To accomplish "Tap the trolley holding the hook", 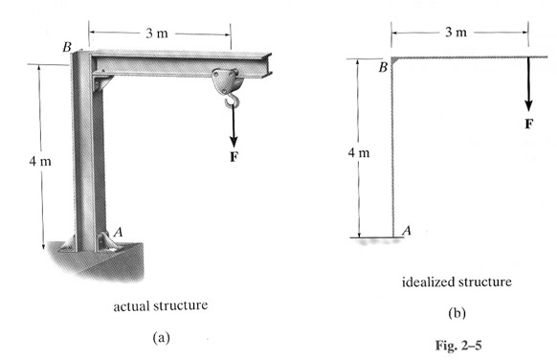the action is point(228,78).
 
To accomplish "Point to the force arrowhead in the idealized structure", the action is point(526,106).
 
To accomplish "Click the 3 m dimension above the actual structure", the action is point(157,34).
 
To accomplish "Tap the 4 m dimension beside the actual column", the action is point(40,162).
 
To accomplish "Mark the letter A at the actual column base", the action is point(119,231).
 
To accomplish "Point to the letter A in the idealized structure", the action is point(407,231).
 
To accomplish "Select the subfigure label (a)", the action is point(159,341).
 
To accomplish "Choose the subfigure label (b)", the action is point(455,312).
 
